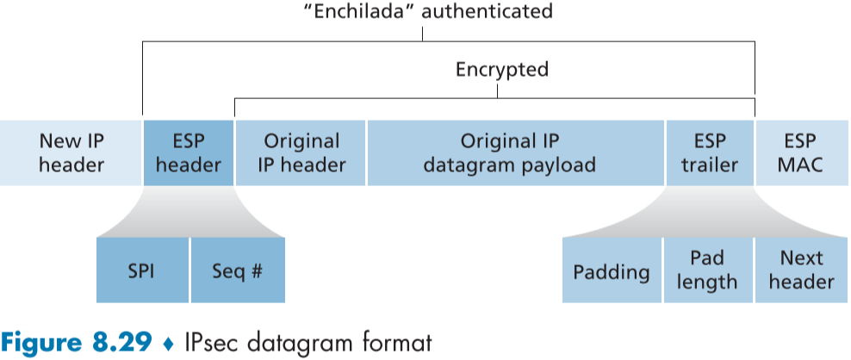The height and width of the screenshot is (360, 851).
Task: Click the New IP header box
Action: [x=71, y=152]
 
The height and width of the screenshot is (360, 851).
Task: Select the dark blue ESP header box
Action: [x=189, y=152]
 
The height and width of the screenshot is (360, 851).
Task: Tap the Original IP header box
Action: [x=301, y=152]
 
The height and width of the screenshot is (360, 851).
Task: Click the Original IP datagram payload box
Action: [x=515, y=152]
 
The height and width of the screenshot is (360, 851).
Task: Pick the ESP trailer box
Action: [x=709, y=152]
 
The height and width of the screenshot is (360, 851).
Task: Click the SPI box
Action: [x=142, y=270]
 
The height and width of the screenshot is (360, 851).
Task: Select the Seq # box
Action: [x=237, y=270]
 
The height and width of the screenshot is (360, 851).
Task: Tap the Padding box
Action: [x=612, y=271]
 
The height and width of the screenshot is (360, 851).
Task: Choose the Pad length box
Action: [x=708, y=270]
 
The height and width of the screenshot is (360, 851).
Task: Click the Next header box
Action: [x=801, y=270]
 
